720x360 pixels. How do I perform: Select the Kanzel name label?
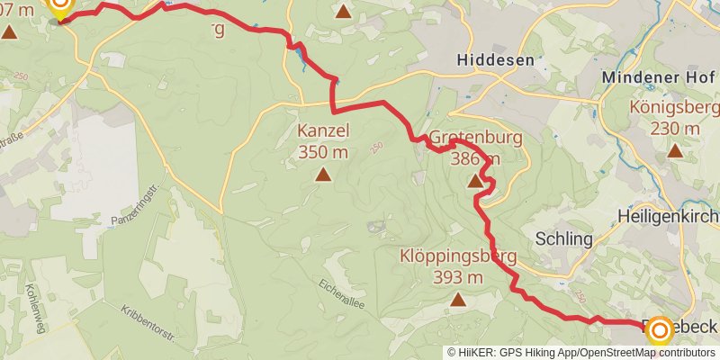point(323,131)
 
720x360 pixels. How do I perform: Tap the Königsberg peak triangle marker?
point(675,149)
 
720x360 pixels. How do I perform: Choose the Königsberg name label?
point(674,108)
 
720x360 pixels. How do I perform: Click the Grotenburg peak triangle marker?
point(475,182)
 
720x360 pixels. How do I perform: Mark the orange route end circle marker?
point(659,330)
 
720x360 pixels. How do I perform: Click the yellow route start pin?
point(60,7)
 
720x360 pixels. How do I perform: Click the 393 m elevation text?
point(457,277)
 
